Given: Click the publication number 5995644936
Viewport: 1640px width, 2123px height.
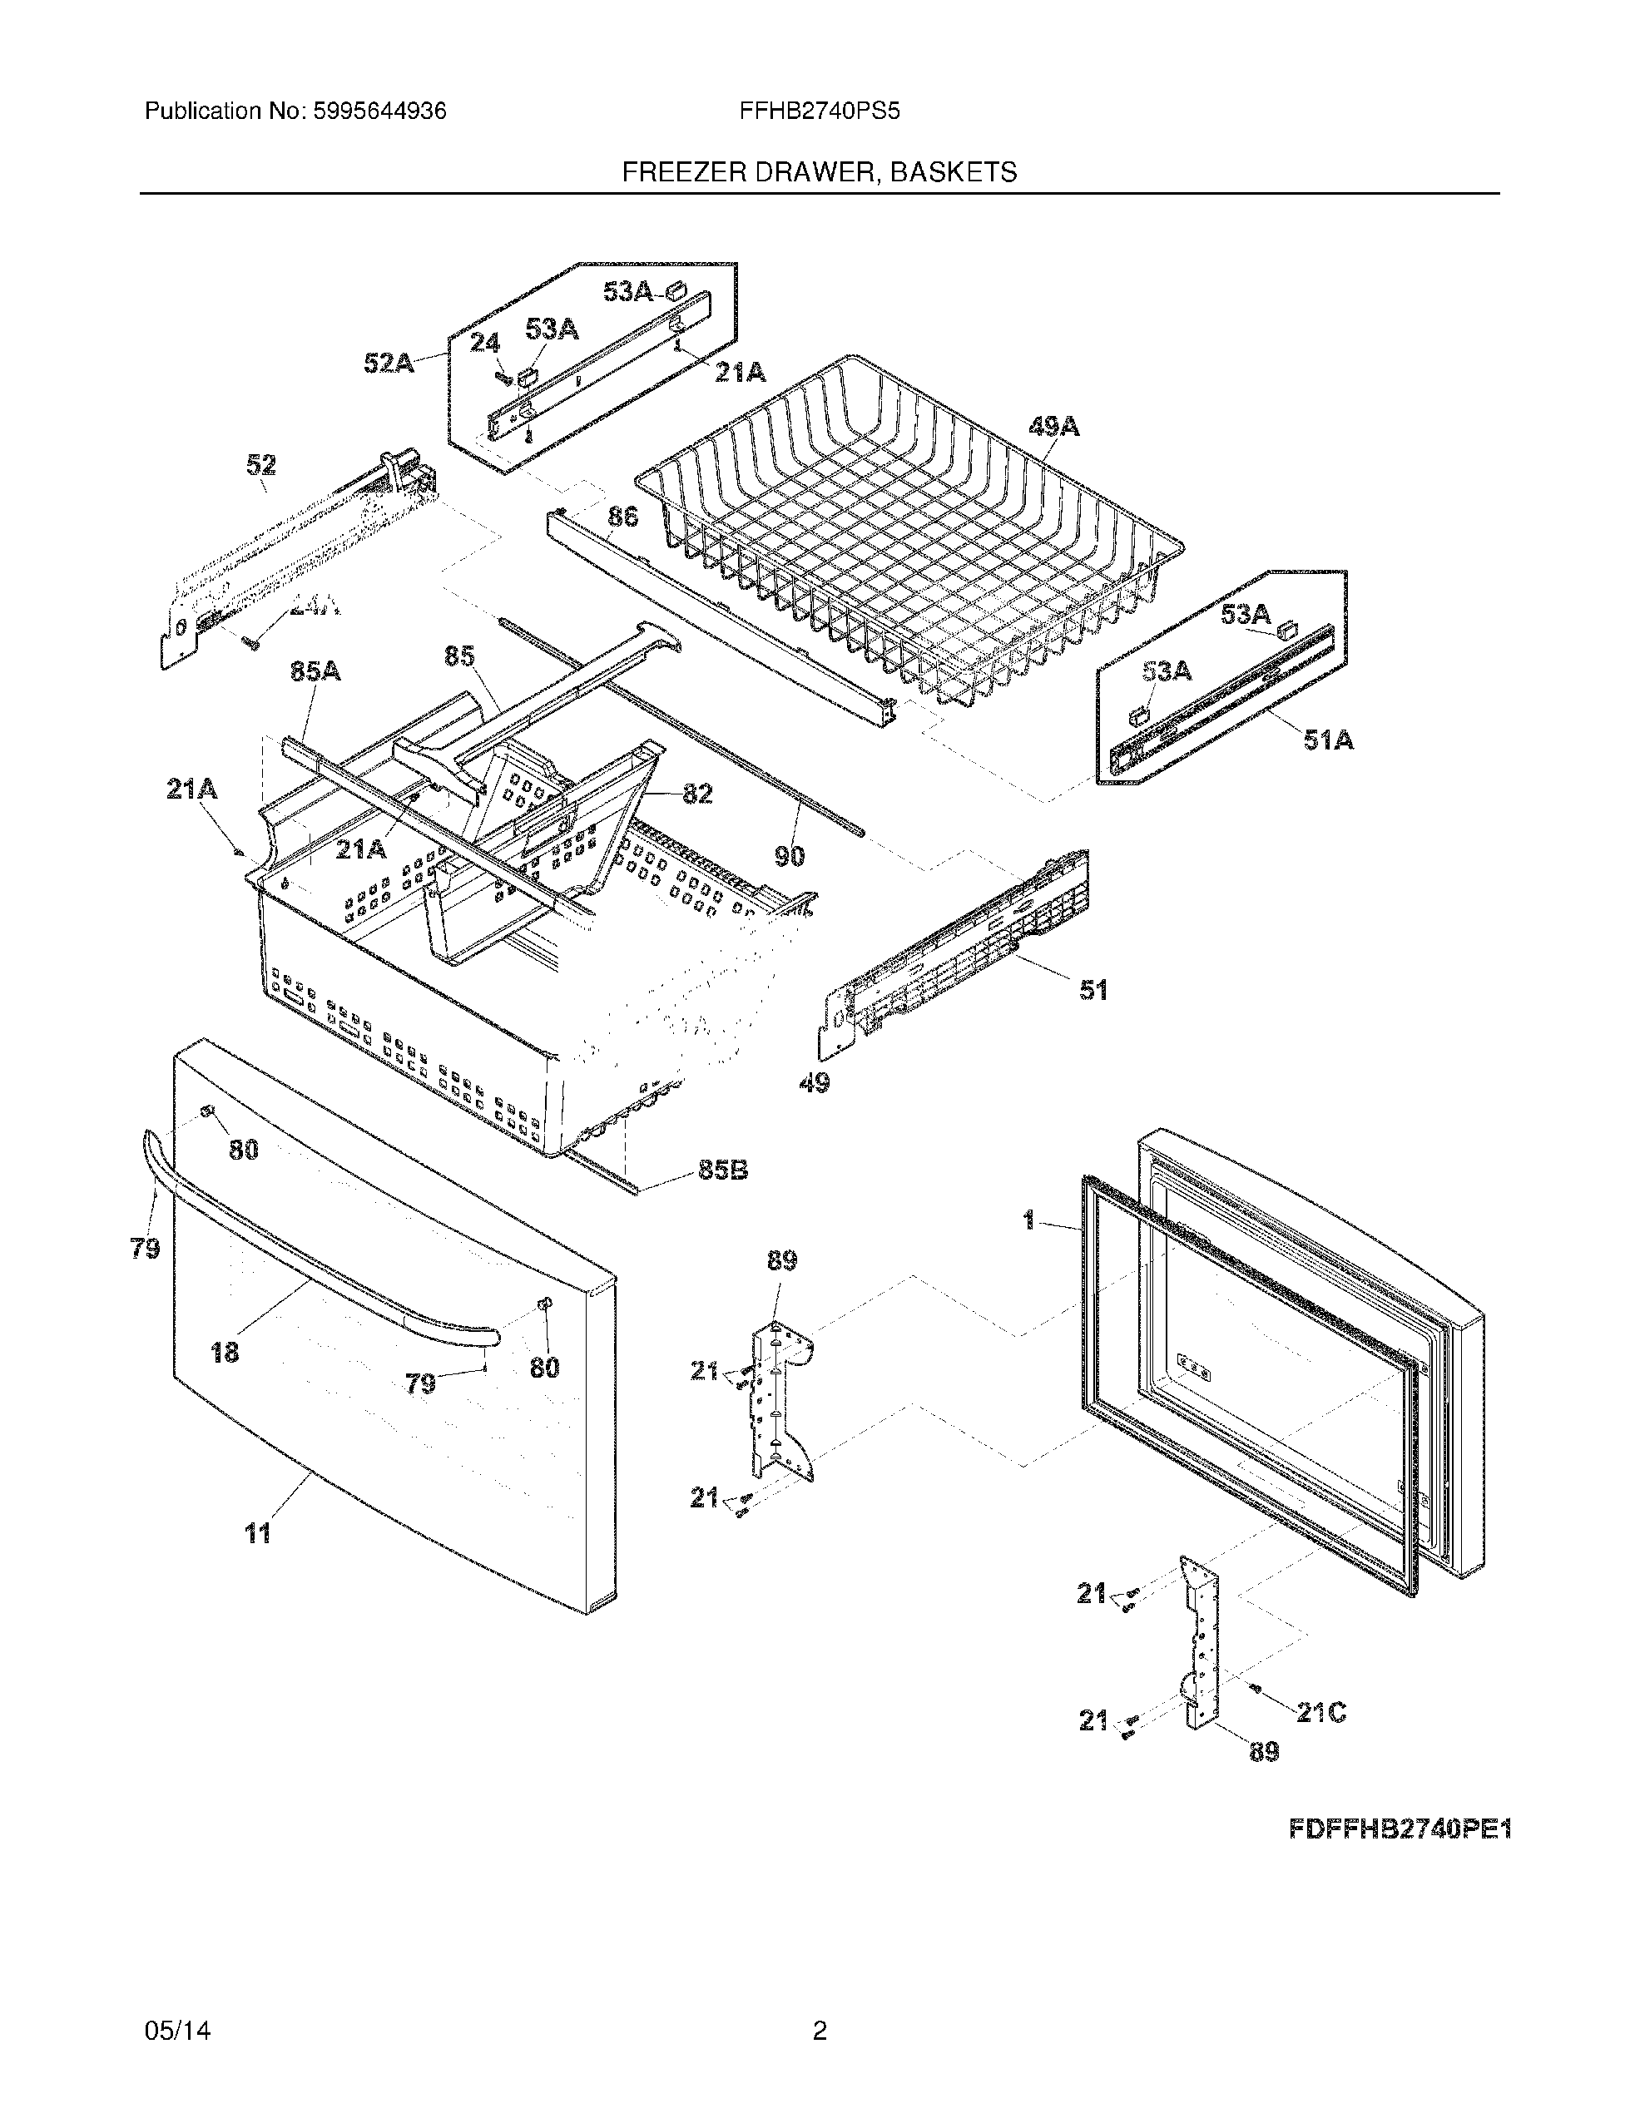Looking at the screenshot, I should (379, 111).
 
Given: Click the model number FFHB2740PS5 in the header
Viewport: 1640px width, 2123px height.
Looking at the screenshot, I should (820, 111).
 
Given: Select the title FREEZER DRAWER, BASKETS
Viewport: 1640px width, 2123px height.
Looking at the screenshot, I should (820, 173).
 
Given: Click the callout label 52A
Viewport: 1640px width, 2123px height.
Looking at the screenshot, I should (389, 364).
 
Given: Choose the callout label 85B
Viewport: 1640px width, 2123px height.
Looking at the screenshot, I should (723, 1170).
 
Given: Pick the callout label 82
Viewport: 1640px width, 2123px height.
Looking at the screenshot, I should (697, 794).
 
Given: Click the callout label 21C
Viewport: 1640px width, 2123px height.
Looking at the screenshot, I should (1321, 1713).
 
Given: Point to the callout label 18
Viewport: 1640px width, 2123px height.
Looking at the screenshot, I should (225, 1352).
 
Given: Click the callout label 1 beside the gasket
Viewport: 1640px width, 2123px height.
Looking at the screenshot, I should (1028, 1221).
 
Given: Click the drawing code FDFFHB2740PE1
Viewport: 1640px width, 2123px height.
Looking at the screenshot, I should (1400, 1830).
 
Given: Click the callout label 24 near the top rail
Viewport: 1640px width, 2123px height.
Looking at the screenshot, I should (485, 343).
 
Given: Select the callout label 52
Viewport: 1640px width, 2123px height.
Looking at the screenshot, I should (260, 466).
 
